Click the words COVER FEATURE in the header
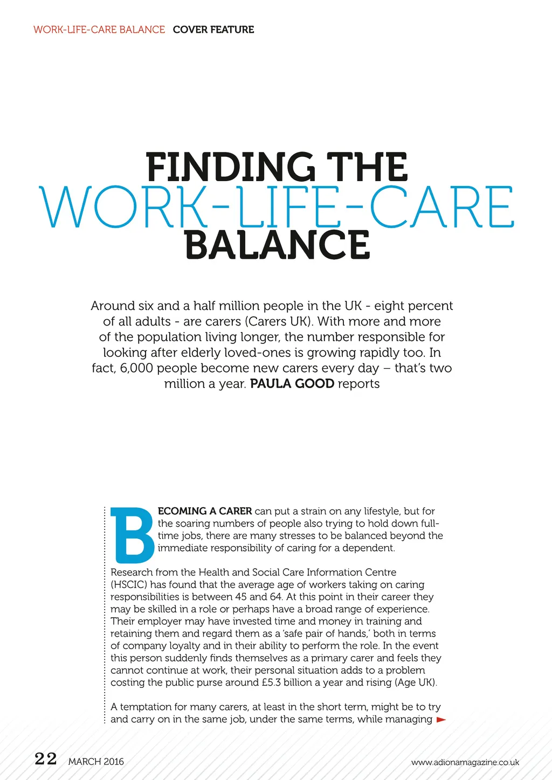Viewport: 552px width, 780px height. pos(213,30)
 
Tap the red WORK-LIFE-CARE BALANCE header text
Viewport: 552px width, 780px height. pos(99,30)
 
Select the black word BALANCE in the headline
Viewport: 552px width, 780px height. pos(277,245)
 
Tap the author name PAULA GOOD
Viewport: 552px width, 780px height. pos(292,384)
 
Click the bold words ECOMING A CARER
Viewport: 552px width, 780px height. pos(205,511)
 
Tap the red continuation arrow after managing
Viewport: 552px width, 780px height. pos(441,720)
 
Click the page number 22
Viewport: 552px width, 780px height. pos(46,759)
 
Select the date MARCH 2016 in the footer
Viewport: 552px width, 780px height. pos(96,762)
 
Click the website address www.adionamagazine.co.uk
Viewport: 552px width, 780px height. pos(465,762)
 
